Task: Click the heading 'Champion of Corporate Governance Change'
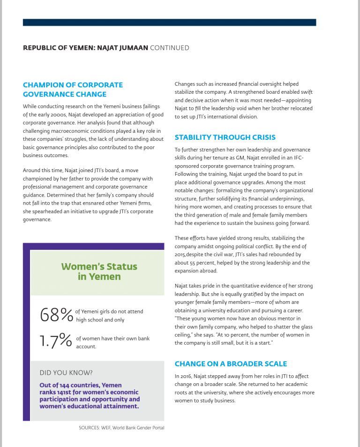73,89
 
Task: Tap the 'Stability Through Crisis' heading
225,137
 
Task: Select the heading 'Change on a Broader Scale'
231,364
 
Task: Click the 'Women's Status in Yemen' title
99,271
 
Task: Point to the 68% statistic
56,315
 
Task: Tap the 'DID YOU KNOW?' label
66,373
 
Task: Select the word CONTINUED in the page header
169,48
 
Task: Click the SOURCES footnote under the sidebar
121,427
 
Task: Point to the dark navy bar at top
169,22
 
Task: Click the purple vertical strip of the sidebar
26,333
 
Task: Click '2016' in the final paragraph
185,376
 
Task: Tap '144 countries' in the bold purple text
73,385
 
